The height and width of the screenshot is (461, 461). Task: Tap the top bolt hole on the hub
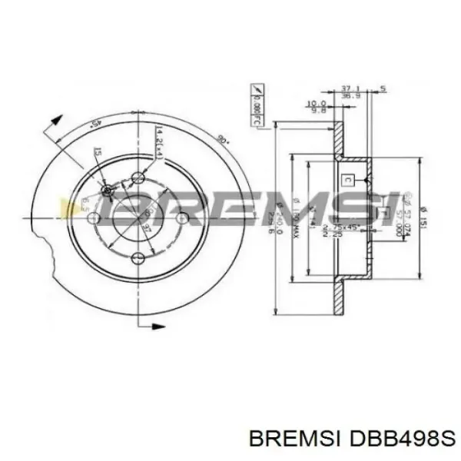138,178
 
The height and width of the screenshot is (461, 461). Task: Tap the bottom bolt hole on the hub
138,258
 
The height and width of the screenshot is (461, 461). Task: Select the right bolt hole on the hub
181,219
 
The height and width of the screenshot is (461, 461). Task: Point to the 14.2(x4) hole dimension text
158,143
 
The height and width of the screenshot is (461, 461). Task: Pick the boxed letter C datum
348,180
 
